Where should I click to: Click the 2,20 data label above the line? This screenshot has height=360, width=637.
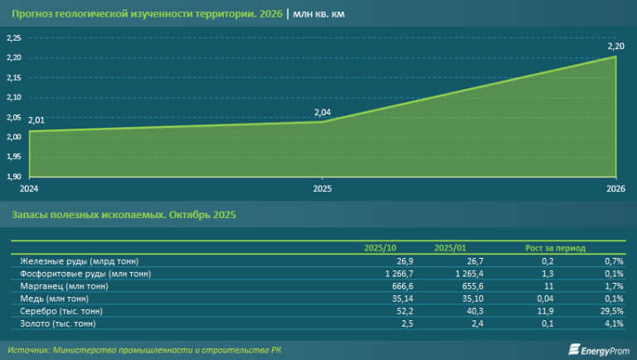click(x=615, y=47)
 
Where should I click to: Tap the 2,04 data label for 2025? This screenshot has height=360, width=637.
click(x=322, y=113)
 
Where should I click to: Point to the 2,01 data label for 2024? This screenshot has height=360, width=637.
click(x=36, y=121)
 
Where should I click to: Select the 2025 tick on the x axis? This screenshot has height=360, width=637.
click(x=322, y=188)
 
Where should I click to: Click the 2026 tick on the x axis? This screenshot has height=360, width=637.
click(x=615, y=188)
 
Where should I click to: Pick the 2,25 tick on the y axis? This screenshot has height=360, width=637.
click(x=14, y=38)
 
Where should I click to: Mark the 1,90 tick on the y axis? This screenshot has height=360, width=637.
click(x=14, y=177)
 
